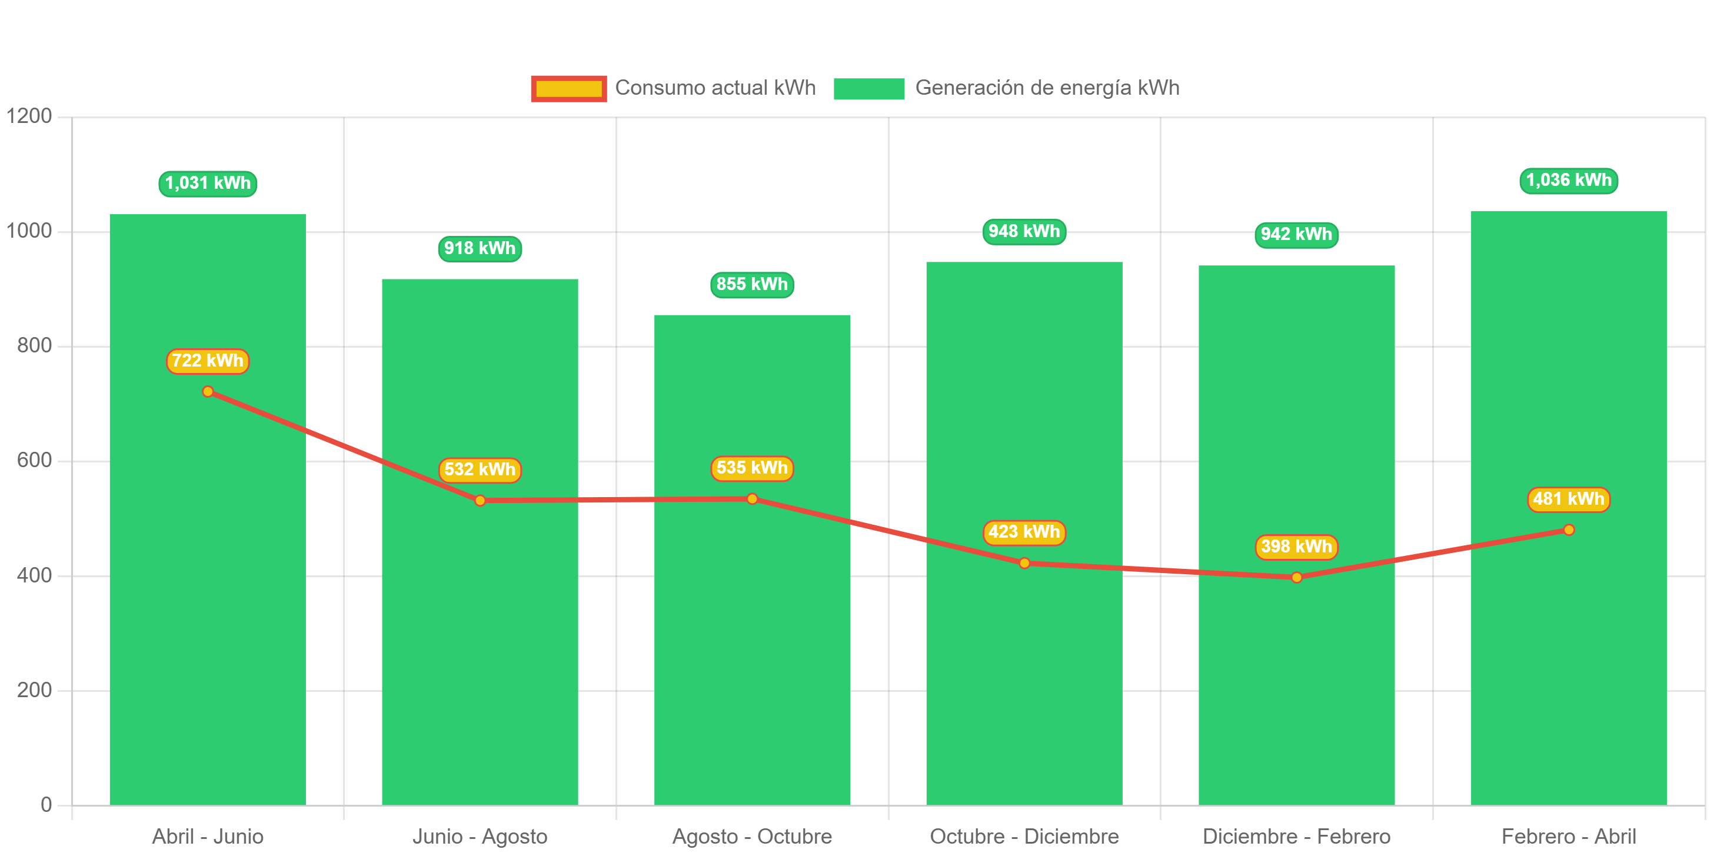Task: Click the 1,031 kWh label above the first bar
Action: (208, 184)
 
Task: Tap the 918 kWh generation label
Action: (480, 249)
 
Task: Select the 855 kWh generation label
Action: (752, 285)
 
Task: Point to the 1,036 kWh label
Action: (1568, 180)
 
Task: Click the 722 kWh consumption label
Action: (208, 361)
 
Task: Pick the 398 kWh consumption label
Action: (1296, 547)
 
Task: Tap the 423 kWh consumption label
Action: (1024, 532)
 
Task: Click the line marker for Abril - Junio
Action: (208, 392)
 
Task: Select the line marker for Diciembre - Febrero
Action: (1296, 577)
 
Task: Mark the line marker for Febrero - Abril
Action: (1568, 530)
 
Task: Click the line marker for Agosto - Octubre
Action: (752, 499)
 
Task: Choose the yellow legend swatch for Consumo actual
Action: (568, 88)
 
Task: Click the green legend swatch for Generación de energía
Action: (868, 88)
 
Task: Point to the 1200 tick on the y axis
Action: (29, 116)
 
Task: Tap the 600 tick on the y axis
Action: (35, 460)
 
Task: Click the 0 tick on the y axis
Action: (46, 805)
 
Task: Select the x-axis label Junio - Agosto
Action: (480, 836)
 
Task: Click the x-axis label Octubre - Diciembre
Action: (1024, 836)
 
